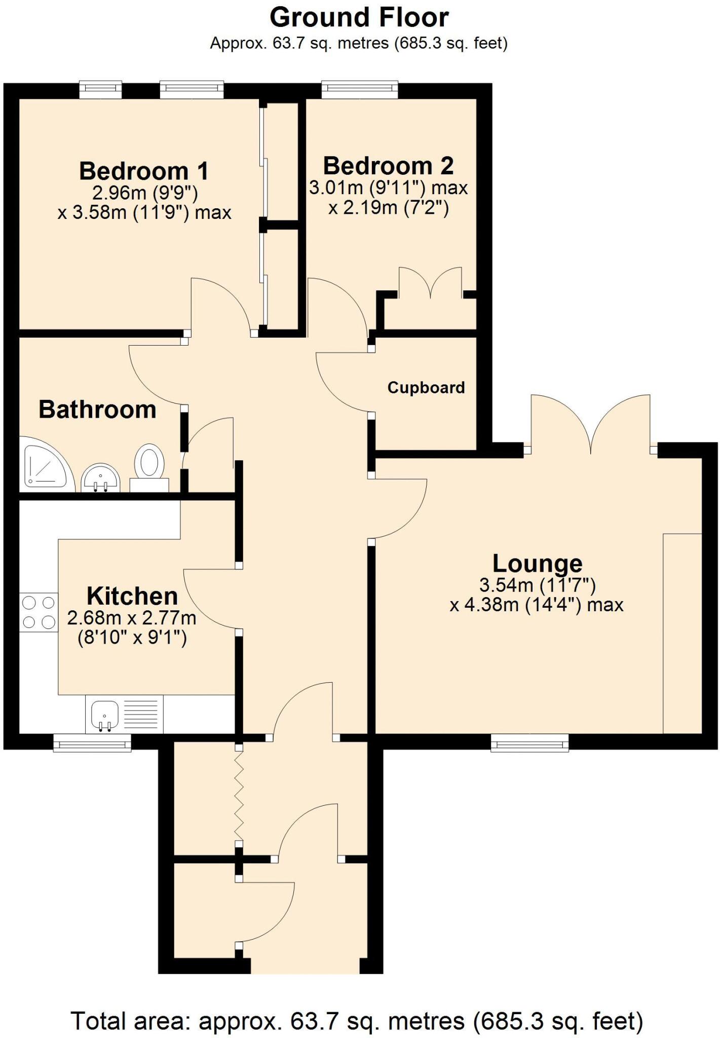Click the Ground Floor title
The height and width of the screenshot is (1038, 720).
(359, 18)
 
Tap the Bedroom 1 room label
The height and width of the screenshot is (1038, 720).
(144, 171)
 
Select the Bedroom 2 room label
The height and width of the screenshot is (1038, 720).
(388, 166)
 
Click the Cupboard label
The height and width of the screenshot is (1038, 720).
(426, 388)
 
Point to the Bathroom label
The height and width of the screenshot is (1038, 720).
(97, 410)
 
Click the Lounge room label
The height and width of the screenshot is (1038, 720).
(537, 564)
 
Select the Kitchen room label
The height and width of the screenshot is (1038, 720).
(132, 597)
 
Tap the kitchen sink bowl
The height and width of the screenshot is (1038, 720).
(104, 714)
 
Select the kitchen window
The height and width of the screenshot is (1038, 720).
(92, 743)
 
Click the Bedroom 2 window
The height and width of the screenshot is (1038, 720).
(359, 90)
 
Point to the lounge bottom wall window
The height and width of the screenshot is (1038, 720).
(529, 743)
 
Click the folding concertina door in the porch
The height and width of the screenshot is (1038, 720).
(239, 795)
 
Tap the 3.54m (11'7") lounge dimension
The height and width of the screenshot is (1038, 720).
(537, 585)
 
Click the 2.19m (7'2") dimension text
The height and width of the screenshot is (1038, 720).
(388, 208)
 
